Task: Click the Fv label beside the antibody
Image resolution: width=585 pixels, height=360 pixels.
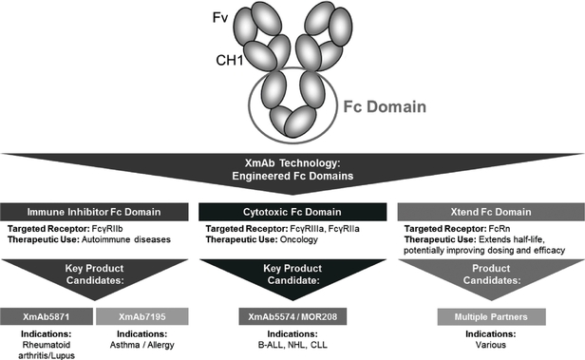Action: (x=219, y=17)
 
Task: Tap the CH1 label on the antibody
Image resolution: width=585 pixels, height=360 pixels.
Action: (x=230, y=60)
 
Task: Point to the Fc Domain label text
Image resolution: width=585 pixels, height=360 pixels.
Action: (x=385, y=106)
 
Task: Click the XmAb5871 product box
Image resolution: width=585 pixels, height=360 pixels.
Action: (x=47, y=316)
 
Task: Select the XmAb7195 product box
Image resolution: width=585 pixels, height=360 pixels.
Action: (x=142, y=316)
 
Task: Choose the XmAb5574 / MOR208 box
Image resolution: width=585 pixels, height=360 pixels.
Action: (x=292, y=316)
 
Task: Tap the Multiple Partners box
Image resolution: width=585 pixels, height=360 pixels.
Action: (x=491, y=317)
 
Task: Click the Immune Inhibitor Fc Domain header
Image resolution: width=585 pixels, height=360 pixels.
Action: (x=94, y=212)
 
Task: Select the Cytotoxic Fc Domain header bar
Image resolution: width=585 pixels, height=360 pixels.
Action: (x=292, y=212)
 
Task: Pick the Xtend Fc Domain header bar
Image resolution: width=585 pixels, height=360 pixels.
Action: (x=491, y=212)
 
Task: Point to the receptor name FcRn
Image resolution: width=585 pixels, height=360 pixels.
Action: (x=500, y=229)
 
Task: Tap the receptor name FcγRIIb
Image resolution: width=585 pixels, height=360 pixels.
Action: (x=107, y=229)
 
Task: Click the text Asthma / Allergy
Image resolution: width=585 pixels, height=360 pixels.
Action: (x=142, y=345)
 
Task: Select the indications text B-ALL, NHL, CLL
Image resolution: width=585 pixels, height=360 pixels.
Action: (x=292, y=345)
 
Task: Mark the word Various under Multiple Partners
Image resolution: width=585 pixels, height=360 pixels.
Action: (x=491, y=345)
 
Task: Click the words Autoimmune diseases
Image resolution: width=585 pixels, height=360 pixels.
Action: (x=126, y=239)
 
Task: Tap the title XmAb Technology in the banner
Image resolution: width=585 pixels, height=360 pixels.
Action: (x=292, y=163)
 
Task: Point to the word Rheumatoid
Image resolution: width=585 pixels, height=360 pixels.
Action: (x=47, y=345)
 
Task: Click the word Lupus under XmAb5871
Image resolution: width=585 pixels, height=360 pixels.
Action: (x=63, y=355)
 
